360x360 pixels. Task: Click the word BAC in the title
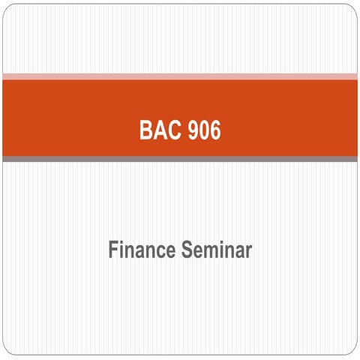(x=159, y=130)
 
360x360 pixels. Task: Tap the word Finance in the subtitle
(x=140, y=250)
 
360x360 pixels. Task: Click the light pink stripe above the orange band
(x=180, y=76)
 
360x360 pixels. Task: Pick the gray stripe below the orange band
(x=180, y=158)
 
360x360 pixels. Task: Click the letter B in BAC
(x=146, y=130)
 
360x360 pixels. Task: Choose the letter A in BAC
(x=159, y=130)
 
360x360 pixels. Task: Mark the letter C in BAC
(x=172, y=130)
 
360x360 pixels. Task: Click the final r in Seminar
(x=248, y=252)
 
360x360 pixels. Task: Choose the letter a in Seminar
(x=238, y=252)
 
